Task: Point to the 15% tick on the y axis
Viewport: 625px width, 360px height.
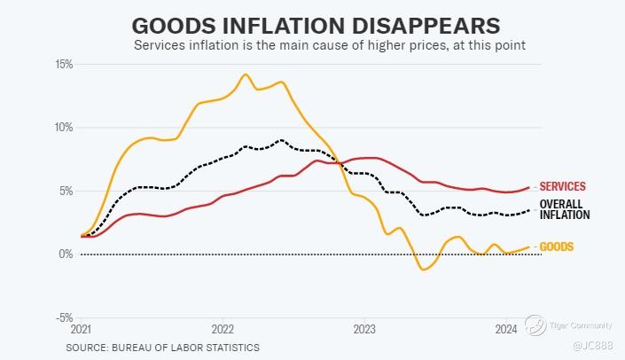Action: point(63,64)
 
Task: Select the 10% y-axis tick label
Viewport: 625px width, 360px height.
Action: point(63,127)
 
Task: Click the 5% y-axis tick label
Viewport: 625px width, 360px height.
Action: point(66,190)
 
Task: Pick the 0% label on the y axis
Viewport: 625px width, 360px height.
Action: point(66,254)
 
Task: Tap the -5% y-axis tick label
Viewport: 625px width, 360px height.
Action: point(64,317)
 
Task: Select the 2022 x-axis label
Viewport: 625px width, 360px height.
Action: point(222,329)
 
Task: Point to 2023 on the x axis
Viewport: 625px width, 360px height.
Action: point(363,329)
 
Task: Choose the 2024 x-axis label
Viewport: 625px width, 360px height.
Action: point(504,329)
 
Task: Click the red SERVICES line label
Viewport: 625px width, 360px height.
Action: point(563,186)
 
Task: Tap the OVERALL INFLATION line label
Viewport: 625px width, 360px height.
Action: point(565,209)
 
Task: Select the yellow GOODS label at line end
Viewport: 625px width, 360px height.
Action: point(558,247)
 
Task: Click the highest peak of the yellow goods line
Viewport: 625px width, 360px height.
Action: point(246,74)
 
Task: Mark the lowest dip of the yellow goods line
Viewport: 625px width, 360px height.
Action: point(424,269)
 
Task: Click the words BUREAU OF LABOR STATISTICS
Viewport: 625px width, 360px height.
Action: point(186,348)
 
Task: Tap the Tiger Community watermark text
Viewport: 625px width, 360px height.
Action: point(576,323)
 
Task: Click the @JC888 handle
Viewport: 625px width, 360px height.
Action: point(590,345)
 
